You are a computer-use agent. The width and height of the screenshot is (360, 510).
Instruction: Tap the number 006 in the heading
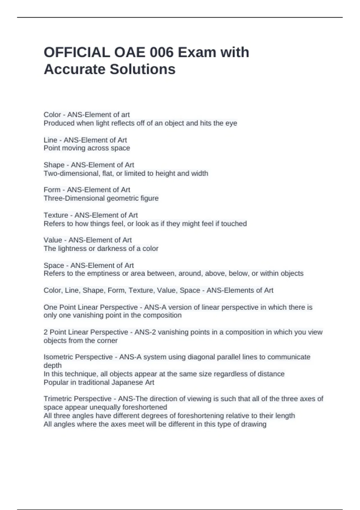(161, 52)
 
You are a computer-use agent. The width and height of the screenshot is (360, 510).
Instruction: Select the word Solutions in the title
(142, 69)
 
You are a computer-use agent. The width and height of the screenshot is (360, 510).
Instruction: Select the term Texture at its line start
(56, 215)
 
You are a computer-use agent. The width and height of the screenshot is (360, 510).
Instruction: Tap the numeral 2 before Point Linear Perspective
(46, 332)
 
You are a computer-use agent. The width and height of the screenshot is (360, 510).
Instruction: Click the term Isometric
(58, 357)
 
